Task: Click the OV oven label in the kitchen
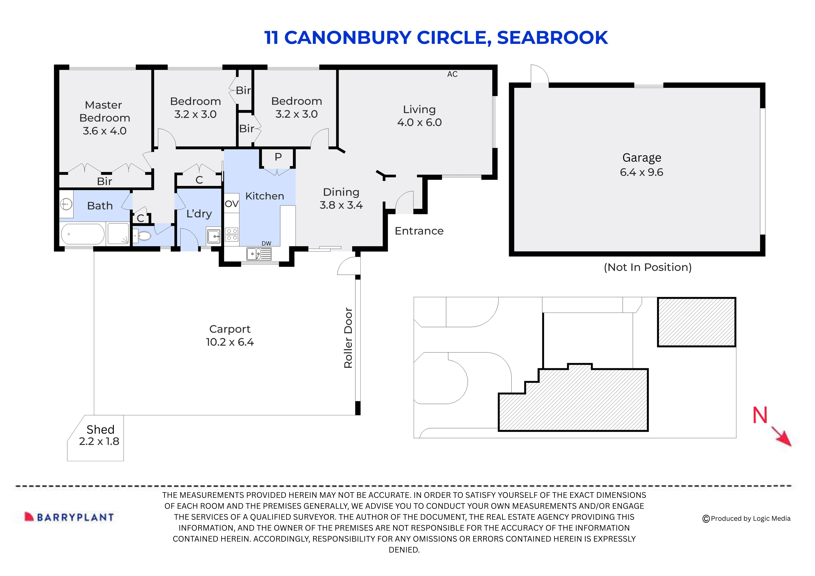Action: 231,204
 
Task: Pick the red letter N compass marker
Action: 760,416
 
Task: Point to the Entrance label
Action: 419,231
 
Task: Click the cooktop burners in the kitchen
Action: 232,235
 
